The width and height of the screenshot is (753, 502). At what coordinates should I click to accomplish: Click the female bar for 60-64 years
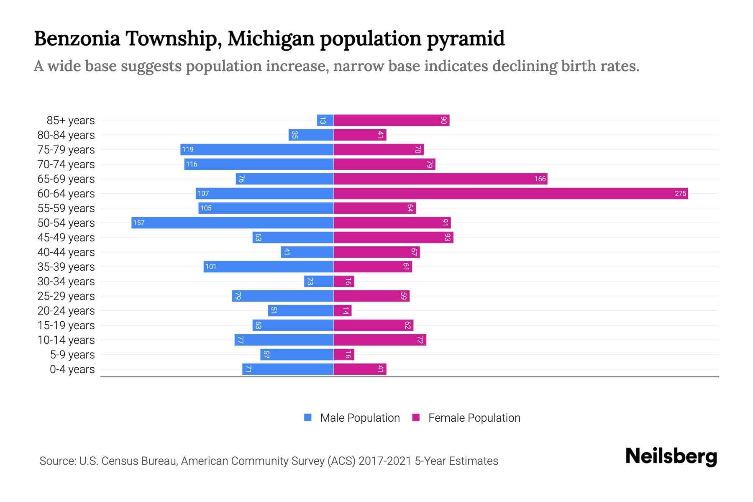[x=510, y=193]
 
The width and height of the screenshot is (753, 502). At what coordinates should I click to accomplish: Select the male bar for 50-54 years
[x=233, y=223]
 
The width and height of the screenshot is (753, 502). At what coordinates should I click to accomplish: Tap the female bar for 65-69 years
[x=440, y=179]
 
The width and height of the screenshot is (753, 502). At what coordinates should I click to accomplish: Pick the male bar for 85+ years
[x=325, y=120]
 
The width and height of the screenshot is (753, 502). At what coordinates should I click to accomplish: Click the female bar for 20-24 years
[x=343, y=310]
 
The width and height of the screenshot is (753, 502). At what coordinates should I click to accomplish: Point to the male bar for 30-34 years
[x=319, y=281]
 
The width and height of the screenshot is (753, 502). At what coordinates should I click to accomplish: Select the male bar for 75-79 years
[x=257, y=149]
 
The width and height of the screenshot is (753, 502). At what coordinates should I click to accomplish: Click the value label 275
[x=680, y=193]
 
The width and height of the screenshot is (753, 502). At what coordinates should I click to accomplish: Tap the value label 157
[x=139, y=223]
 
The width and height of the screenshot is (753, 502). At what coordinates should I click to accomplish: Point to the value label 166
[x=540, y=179]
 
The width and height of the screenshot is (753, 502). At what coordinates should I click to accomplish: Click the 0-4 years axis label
[x=72, y=369]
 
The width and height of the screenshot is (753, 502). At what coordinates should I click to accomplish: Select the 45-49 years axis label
[x=66, y=238]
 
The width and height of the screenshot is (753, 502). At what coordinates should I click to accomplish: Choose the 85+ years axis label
[x=71, y=120]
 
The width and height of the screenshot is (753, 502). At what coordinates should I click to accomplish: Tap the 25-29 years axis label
[x=66, y=296]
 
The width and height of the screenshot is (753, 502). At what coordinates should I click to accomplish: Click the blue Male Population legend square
[x=308, y=417]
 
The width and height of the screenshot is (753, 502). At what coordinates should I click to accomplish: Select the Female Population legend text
[x=474, y=417]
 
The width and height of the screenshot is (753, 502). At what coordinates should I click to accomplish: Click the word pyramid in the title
[x=466, y=38]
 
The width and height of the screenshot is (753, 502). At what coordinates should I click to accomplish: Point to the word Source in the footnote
[x=57, y=461]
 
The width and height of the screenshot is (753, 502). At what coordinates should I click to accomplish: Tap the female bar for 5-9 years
[x=344, y=354]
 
